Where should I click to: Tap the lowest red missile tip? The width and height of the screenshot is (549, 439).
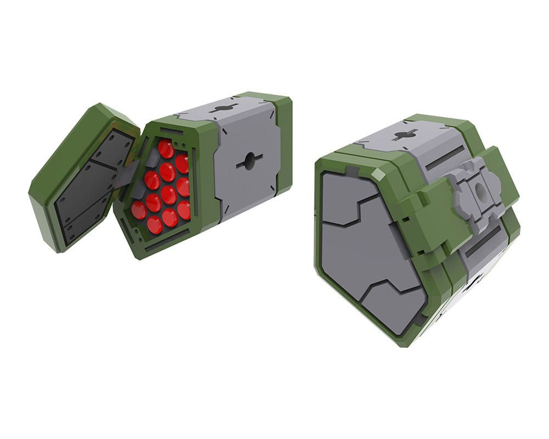pyautogui.click(x=155, y=224)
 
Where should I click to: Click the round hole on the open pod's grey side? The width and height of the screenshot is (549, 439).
pyautogui.click(x=249, y=161)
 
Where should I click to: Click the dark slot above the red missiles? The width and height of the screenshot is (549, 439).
pyautogui.click(x=171, y=132)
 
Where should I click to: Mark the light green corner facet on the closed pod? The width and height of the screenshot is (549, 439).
pyautogui.click(x=378, y=175)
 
